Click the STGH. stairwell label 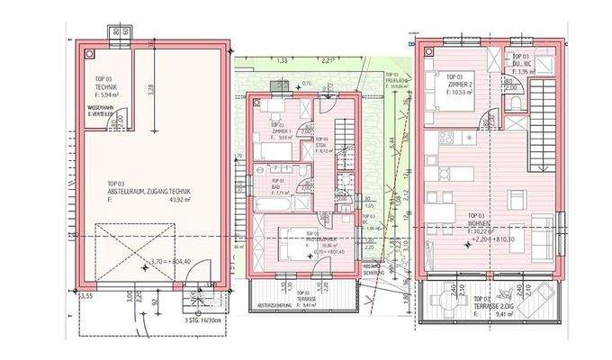coord(320,144)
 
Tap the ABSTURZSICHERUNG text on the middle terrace coord(272,305)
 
